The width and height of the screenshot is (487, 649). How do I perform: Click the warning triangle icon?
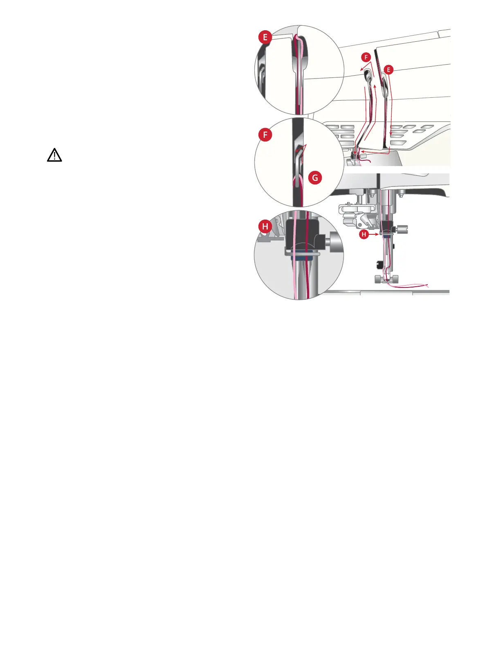(54, 155)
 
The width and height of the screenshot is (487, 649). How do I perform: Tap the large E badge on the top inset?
(265, 37)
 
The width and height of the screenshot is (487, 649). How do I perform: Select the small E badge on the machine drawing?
(388, 70)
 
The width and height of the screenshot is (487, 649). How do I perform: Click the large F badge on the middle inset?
(265, 135)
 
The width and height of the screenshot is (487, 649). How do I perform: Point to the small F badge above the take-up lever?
(366, 57)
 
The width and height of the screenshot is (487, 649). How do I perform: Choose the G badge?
(315, 178)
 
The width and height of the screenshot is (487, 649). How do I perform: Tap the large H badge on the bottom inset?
(265, 226)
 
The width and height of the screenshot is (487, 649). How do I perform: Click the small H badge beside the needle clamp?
(363, 234)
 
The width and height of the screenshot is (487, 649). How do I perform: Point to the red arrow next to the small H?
(375, 234)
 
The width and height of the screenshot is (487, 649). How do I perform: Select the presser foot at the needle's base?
(386, 279)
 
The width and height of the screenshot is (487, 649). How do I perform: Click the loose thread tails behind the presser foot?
(413, 285)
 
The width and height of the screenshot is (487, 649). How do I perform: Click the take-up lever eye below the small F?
(368, 74)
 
